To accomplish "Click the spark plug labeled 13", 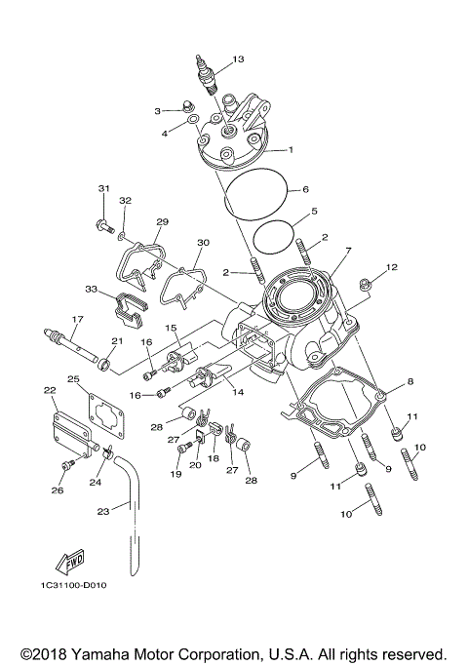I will [x=207, y=78].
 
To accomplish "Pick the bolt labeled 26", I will [x=66, y=467].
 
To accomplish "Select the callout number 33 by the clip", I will [x=91, y=290].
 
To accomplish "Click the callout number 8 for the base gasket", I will [x=410, y=381].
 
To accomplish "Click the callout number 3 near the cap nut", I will [x=157, y=111].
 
